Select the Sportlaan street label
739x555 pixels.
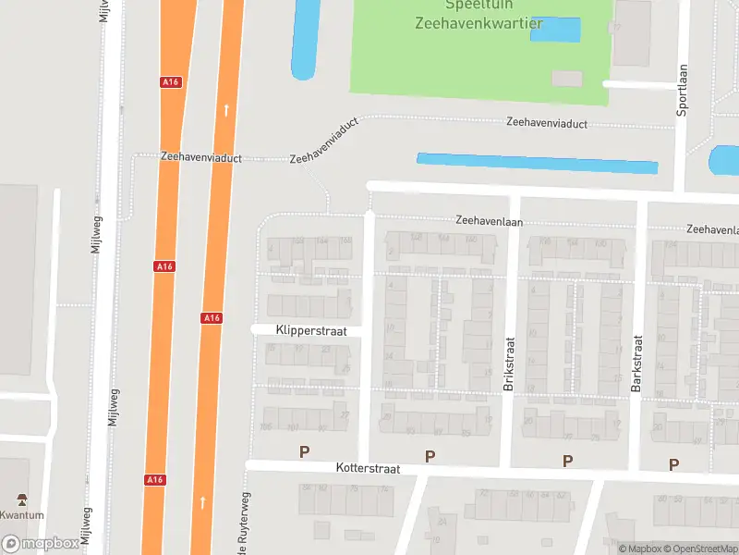click(x=684, y=88)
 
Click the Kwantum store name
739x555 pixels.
click(x=22, y=515)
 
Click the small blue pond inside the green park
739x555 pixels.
click(x=555, y=30)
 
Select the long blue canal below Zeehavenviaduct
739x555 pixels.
click(x=537, y=163)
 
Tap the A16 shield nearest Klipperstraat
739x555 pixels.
click(x=212, y=318)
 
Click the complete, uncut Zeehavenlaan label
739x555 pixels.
click(x=489, y=221)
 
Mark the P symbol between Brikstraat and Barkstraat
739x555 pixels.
click(x=567, y=460)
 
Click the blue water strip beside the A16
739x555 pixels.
click(x=303, y=40)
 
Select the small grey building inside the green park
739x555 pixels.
click(x=567, y=79)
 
